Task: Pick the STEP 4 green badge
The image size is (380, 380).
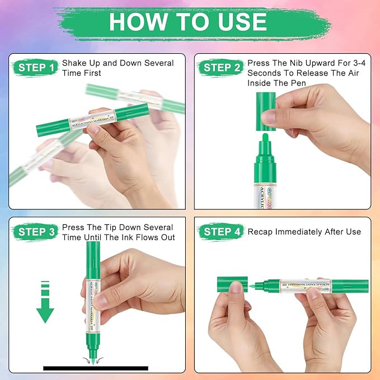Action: pos(221,232)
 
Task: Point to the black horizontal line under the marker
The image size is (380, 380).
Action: pos(96,368)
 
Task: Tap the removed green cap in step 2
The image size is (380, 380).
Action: pos(265,111)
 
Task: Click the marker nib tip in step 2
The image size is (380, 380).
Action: pos(265,138)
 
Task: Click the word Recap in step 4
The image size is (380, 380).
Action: pos(262,232)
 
